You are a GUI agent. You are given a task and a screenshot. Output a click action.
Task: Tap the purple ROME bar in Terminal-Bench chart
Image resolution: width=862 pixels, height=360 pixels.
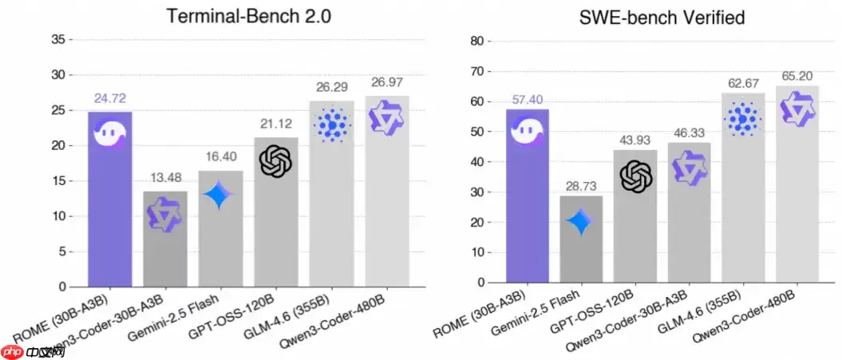click(109, 200)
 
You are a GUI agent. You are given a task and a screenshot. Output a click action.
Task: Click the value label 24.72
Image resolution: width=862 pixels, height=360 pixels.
click(109, 99)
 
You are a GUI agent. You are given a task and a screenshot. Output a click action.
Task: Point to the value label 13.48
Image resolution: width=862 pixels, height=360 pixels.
click(164, 178)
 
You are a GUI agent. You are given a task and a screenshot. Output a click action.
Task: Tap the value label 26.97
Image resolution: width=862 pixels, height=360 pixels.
click(387, 82)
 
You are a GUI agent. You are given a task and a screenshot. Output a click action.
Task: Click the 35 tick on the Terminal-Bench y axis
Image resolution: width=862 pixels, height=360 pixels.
click(58, 38)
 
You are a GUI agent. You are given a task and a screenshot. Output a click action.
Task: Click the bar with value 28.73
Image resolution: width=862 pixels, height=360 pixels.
click(581, 239)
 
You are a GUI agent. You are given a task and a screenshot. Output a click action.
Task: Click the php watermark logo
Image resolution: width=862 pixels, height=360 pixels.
click(11, 350)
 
